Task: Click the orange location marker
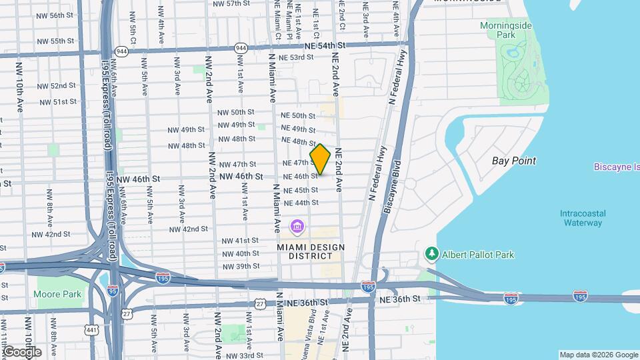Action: click(x=321, y=159)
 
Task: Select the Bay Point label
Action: click(x=513, y=161)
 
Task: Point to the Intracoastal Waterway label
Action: click(x=583, y=218)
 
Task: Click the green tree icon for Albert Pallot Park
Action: click(x=432, y=254)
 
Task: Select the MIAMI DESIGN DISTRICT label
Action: click(x=310, y=247)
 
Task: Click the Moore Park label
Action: click(x=58, y=294)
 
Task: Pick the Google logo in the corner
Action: click(x=22, y=351)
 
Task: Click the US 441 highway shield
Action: click(x=91, y=330)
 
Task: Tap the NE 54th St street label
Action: click(x=325, y=45)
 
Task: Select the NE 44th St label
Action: click(x=301, y=203)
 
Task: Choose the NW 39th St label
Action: click(x=241, y=266)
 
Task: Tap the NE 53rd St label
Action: click(x=297, y=58)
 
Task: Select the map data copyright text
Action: click(x=598, y=355)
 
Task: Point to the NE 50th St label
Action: click(x=298, y=116)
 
